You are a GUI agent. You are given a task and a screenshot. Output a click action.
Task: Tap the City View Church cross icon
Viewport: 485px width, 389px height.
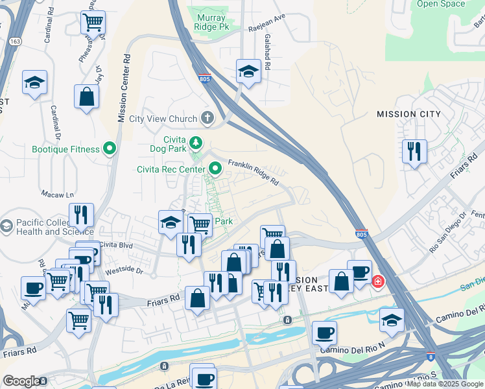pyautogui.click(x=207, y=118)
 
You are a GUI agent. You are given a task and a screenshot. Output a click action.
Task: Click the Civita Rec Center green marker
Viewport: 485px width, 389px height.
pyautogui.click(x=215, y=170)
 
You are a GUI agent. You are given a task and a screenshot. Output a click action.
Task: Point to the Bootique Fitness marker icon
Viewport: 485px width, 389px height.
pyautogui.click(x=110, y=149)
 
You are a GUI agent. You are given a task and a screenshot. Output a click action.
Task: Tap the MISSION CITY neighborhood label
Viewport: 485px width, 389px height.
pyautogui.click(x=408, y=114)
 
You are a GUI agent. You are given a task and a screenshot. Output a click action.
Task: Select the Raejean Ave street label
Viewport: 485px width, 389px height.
pyautogui.click(x=266, y=29)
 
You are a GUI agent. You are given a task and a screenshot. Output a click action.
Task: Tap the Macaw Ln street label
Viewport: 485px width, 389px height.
pyautogui.click(x=57, y=194)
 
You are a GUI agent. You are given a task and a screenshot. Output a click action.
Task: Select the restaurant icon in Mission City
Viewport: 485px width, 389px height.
pyautogui.click(x=414, y=152)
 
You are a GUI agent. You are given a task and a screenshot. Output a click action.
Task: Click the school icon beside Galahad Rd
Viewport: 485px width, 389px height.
pyautogui.click(x=248, y=71)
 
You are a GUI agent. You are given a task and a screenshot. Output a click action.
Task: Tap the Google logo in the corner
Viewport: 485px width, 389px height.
pyautogui.click(x=21, y=381)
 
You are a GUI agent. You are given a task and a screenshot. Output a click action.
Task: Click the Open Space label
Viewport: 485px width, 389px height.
pyautogui.click(x=441, y=4)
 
